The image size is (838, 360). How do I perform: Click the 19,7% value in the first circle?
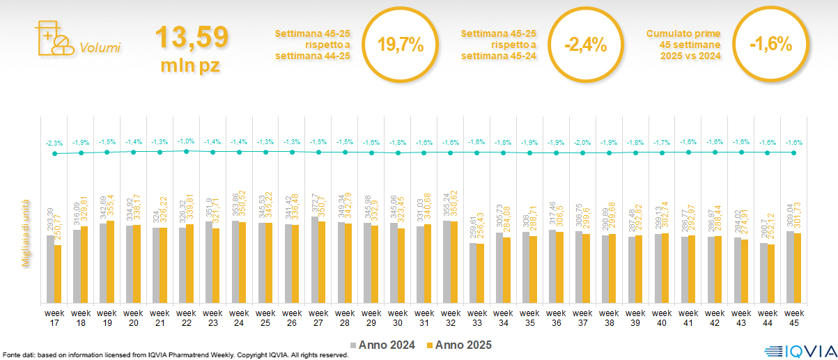pos(401,45)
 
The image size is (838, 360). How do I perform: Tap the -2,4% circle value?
pos(586,45)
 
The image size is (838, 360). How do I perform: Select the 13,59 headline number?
pos(191,38)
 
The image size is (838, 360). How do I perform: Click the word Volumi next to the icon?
pos(100,48)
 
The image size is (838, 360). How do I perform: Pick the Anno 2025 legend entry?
pos(458,345)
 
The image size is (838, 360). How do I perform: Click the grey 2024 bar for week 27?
pos(314,259)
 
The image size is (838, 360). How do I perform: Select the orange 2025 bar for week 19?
pos(111,261)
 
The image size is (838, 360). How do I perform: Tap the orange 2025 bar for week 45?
pos(797,268)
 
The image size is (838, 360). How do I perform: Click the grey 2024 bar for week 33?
pos(472,272)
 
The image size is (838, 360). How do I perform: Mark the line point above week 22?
pos(186,150)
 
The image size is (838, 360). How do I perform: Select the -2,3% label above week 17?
pos(54,143)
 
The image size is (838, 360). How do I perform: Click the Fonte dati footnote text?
pos(174,355)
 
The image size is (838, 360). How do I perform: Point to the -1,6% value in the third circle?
pos(771,45)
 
